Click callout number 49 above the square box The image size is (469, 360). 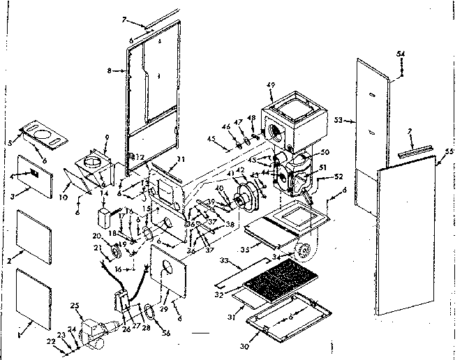click(271, 85)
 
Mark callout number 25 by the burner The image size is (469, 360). click(75, 306)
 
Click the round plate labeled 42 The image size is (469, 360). click(245, 192)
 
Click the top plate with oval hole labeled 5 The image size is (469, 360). click(43, 134)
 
